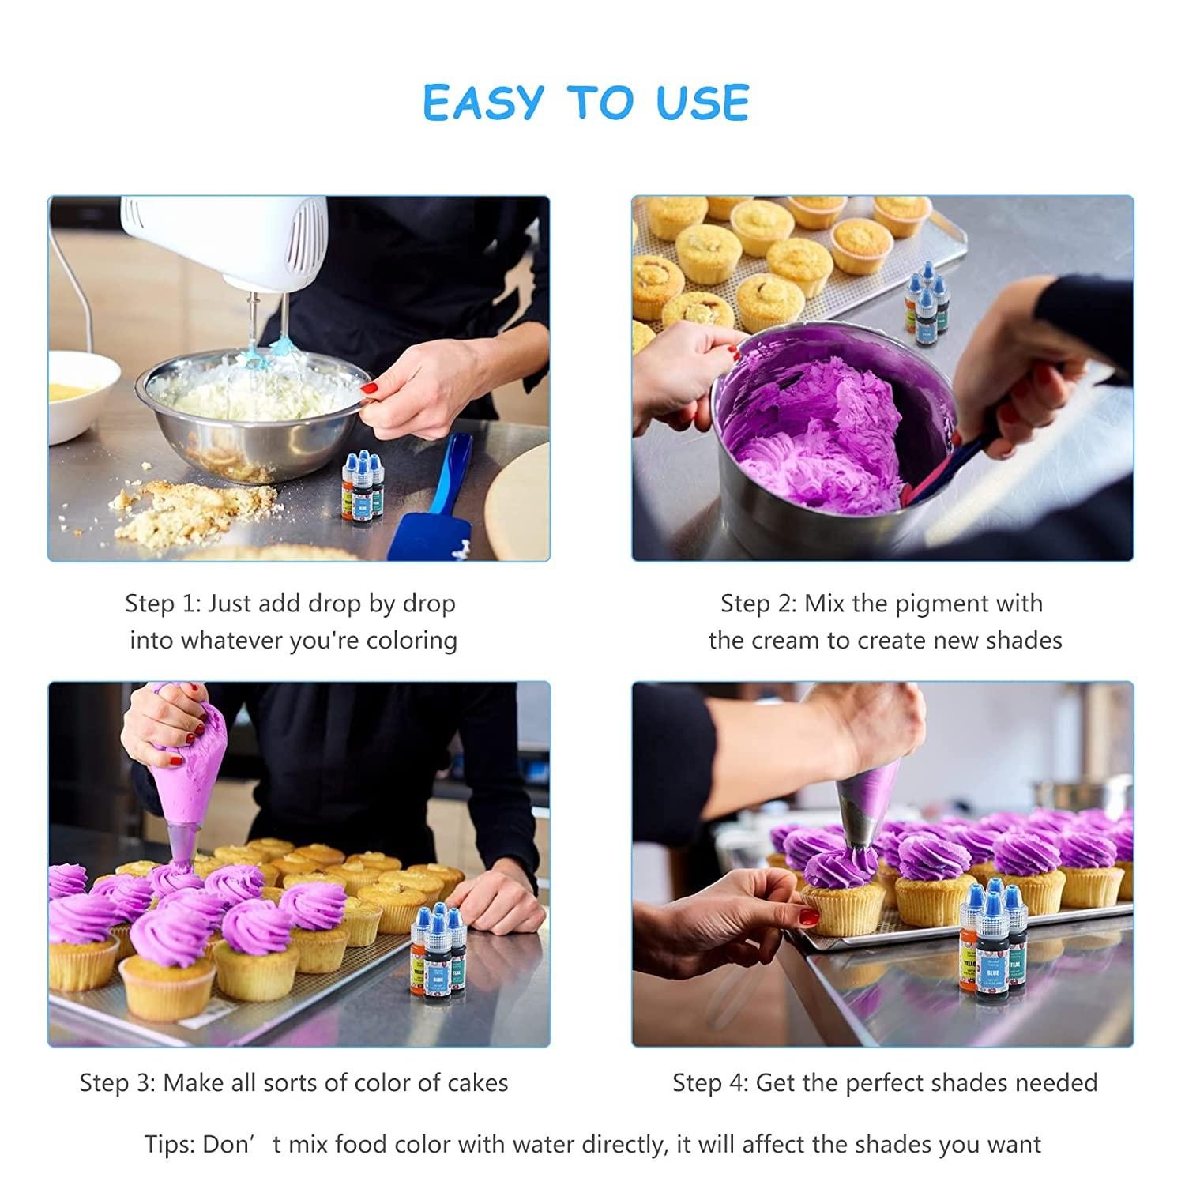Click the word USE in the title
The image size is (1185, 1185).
coord(702,103)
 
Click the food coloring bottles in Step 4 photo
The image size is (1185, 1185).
coord(991,940)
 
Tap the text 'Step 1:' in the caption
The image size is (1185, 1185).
coord(163,604)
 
